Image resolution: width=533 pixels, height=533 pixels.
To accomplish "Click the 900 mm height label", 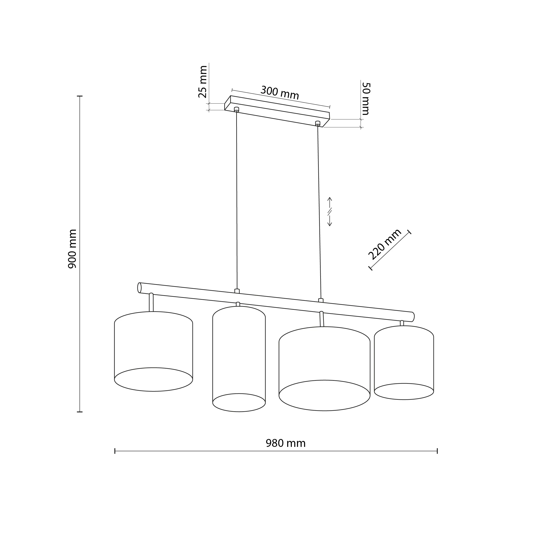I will (x=72, y=249).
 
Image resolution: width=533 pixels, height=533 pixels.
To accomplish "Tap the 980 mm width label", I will (x=285, y=443).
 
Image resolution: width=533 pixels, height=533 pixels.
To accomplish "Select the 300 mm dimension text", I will (x=280, y=93).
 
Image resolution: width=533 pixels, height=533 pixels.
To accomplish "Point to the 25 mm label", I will (x=203, y=82).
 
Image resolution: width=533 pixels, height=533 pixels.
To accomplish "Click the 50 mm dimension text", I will (x=366, y=98).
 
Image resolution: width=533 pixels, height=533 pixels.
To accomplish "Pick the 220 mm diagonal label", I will (x=385, y=244).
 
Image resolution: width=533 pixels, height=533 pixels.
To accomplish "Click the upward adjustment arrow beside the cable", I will (x=329, y=203).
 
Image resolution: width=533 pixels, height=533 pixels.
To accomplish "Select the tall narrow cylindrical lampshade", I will (x=239, y=359).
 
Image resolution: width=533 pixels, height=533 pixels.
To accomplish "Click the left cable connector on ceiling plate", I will (x=236, y=109).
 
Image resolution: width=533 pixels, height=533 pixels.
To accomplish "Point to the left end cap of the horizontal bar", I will (x=139, y=288).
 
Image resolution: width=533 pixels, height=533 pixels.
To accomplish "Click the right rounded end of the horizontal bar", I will (x=413, y=317).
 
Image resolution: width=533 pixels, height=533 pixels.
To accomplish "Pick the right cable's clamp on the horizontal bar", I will (x=321, y=300).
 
